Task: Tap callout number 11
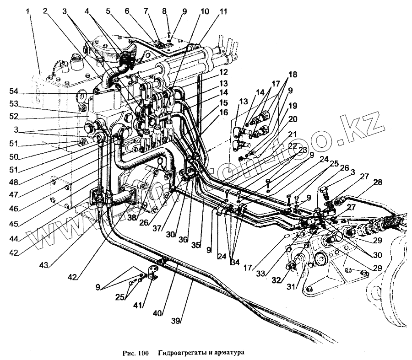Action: click(x=223, y=11)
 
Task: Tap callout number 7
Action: click(x=158, y=11)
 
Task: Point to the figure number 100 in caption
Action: click(x=144, y=353)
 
